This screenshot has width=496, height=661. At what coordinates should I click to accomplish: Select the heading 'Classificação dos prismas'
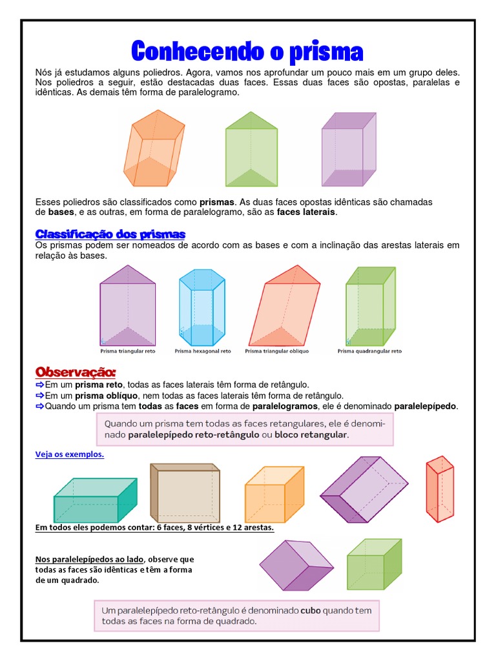coord(110,234)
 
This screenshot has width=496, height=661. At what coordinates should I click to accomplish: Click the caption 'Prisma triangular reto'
coord(128,352)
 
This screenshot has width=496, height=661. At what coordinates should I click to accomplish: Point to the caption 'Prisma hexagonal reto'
coord(202,352)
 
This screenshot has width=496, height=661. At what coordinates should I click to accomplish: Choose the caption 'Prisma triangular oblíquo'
coord(277,352)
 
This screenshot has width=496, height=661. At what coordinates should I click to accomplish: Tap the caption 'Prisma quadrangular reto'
coord(369,352)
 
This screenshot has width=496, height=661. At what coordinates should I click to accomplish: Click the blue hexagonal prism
coord(201,309)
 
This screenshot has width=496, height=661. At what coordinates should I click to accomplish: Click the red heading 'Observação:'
coord(76,372)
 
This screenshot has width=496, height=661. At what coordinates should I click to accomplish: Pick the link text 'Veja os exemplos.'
coord(69,454)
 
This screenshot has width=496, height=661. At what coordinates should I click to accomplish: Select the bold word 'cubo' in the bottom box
coord(311,609)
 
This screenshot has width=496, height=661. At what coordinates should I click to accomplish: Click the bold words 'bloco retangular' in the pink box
coord(311,435)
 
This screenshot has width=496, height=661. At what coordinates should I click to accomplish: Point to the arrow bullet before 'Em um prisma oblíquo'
coord(39,395)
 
